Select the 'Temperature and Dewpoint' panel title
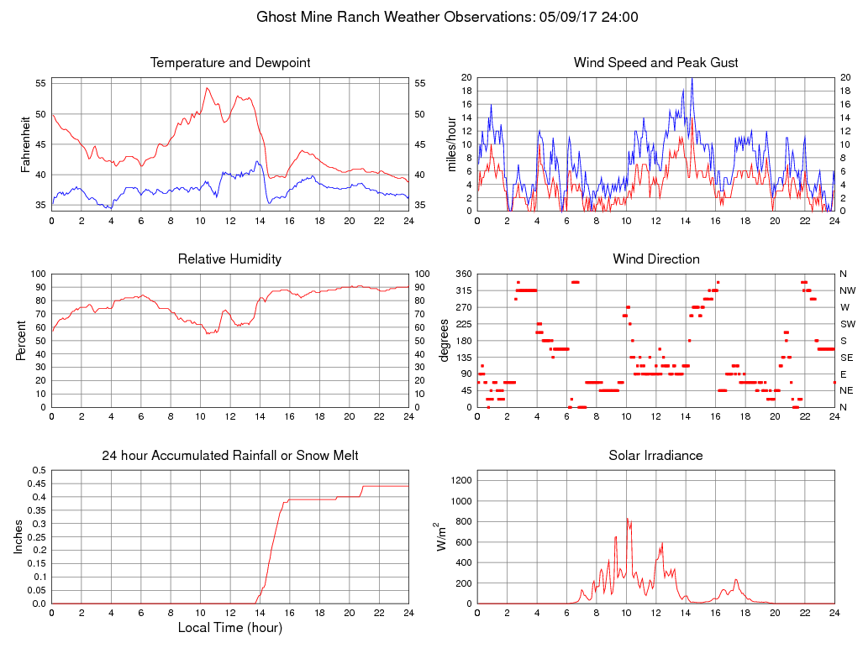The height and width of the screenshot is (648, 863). (x=230, y=63)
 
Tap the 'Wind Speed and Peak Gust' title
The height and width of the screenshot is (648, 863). (x=655, y=63)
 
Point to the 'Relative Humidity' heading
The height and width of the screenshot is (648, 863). (x=229, y=259)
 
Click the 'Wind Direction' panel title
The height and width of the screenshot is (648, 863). (x=655, y=259)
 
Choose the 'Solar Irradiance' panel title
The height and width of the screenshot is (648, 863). (x=655, y=456)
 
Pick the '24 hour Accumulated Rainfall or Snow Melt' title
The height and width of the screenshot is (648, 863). (x=230, y=456)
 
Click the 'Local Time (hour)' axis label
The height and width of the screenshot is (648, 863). (x=230, y=628)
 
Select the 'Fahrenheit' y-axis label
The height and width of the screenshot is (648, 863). (x=27, y=144)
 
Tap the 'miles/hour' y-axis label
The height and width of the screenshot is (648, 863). (x=451, y=144)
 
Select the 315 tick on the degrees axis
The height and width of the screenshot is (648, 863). (x=463, y=290)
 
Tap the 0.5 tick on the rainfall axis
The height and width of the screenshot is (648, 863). (x=39, y=471)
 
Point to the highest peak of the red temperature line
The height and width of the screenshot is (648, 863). (x=207, y=88)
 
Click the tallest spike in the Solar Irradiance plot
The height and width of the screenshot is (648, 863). (x=626, y=519)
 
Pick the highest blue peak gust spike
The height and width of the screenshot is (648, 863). (x=692, y=78)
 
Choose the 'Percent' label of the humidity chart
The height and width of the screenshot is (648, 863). (x=20, y=341)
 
